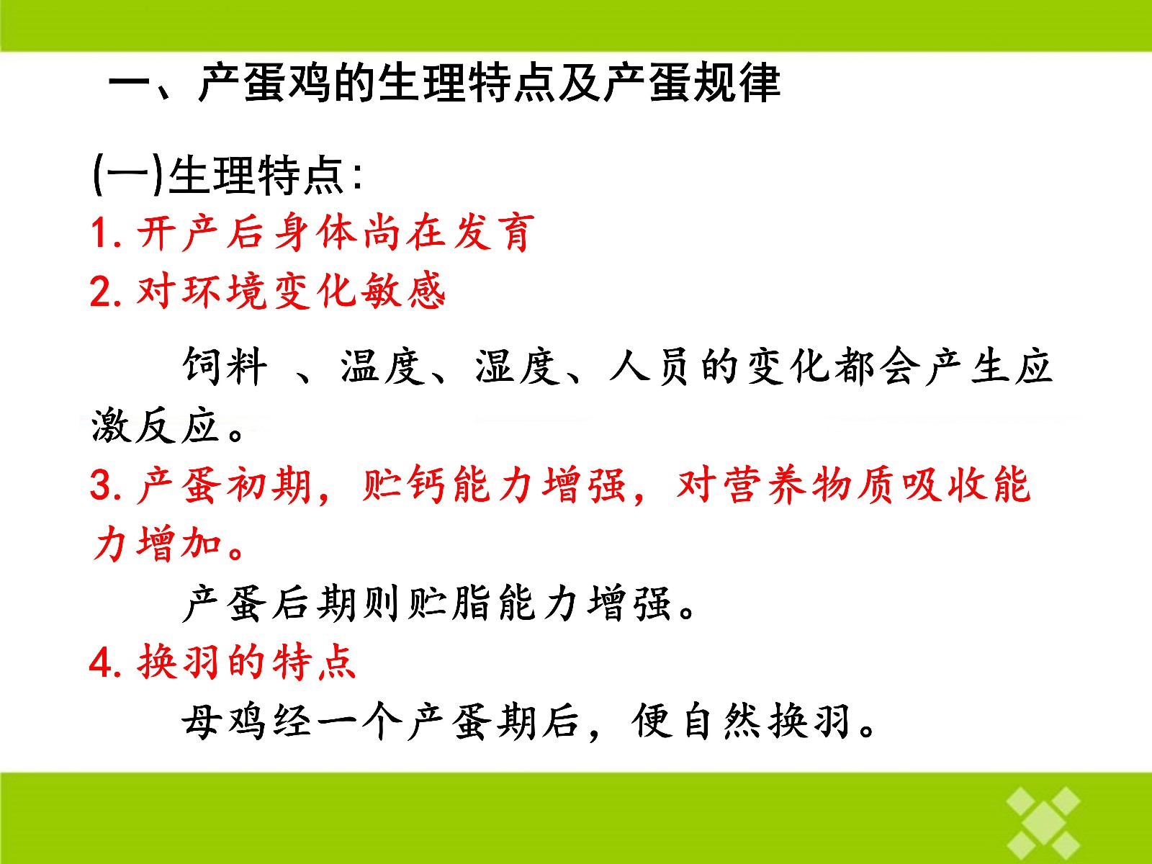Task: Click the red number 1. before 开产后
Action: (x=107, y=233)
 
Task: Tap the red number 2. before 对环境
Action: (x=107, y=291)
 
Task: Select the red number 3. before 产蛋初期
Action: (x=107, y=484)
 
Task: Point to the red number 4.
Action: (x=107, y=662)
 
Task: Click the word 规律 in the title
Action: (x=737, y=82)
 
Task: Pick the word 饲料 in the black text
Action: (x=225, y=366)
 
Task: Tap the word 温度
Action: (x=382, y=366)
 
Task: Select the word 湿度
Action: (x=518, y=366)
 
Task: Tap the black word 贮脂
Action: (x=449, y=604)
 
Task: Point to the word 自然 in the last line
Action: (x=722, y=722)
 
